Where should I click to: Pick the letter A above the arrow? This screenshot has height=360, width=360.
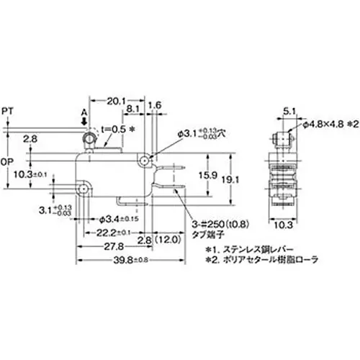pos(84,114)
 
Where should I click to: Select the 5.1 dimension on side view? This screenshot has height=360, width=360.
pos(287,111)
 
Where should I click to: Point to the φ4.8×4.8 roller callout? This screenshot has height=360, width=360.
pos(325,125)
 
